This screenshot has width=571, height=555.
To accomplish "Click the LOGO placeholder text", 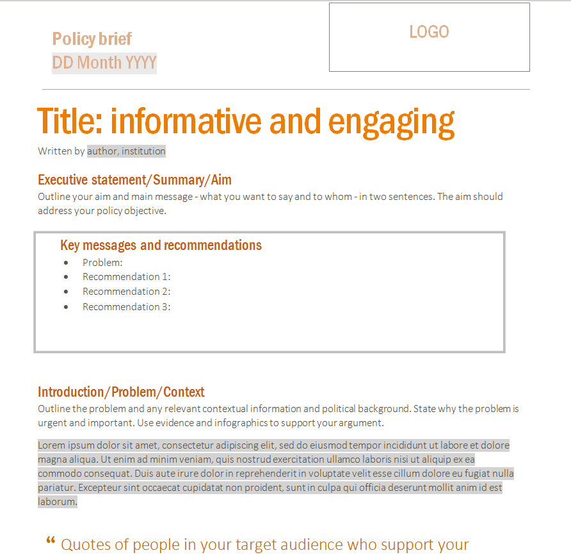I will [x=429, y=32].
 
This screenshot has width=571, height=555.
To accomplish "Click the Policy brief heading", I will [x=92, y=39].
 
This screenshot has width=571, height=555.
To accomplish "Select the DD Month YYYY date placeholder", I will [x=104, y=63].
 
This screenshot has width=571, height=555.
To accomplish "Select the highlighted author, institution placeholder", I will [x=126, y=151].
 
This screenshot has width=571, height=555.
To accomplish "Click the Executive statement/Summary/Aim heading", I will [x=134, y=180].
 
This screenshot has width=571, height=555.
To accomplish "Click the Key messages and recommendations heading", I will [x=161, y=245].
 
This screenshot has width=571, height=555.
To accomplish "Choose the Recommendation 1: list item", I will [x=127, y=277].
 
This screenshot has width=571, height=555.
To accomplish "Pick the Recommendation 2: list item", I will [x=127, y=292].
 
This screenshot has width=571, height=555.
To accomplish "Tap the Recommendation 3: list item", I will [x=127, y=307].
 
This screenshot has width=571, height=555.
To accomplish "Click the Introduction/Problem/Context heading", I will [x=121, y=392].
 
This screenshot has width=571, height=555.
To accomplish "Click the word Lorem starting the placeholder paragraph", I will [x=52, y=445].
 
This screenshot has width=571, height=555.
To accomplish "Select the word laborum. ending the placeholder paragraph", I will [x=57, y=502].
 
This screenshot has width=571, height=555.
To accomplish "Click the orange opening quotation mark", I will [x=51, y=542].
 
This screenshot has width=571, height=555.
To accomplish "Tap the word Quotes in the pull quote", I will [x=86, y=545].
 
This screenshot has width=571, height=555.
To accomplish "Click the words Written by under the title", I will [x=61, y=151].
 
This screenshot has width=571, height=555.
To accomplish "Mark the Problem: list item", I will [x=102, y=262].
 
